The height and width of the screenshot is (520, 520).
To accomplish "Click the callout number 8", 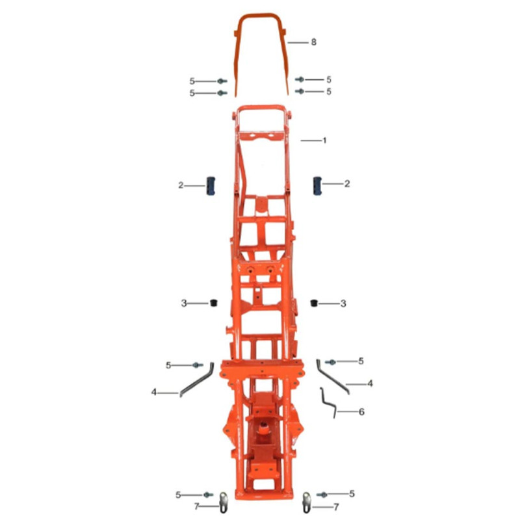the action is pyautogui.click(x=314, y=42).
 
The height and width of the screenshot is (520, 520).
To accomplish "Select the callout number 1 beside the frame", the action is pyautogui.click(x=324, y=140).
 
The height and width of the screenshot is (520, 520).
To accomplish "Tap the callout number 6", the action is pyautogui.click(x=361, y=411).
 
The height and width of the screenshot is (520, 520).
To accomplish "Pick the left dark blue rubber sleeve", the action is pyautogui.click(x=211, y=186).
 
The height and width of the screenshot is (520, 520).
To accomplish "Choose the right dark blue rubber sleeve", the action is pyautogui.click(x=317, y=186).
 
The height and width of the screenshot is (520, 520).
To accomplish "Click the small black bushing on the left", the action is pyautogui.click(x=214, y=303).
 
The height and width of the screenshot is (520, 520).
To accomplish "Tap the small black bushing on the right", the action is pyautogui.click(x=314, y=303).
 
